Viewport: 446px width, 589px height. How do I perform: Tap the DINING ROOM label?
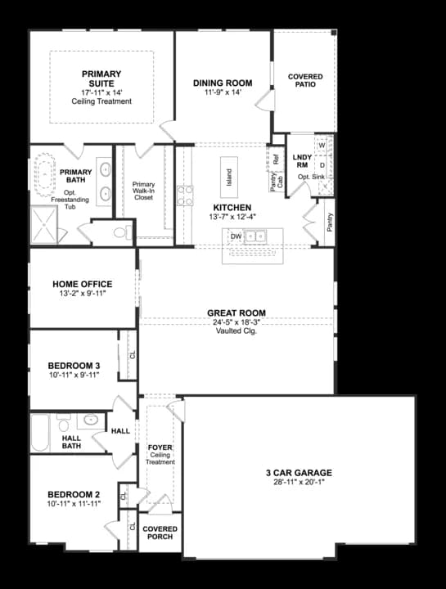(x=222, y=83)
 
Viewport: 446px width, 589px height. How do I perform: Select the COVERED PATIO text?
(x=305, y=81)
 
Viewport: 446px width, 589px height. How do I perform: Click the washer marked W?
(x=322, y=146)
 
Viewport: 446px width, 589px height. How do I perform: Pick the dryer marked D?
(x=322, y=165)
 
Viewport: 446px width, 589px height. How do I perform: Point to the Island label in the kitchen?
(x=229, y=178)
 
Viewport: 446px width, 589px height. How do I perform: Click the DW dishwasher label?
(x=237, y=236)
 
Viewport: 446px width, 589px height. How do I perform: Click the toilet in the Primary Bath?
(x=119, y=233)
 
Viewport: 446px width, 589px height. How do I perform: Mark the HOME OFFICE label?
(x=82, y=284)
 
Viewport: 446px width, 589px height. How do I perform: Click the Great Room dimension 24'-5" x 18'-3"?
(x=236, y=322)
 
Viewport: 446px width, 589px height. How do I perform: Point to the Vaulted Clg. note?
(x=236, y=331)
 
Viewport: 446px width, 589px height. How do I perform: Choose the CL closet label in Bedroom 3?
(x=132, y=354)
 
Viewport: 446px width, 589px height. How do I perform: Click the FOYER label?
(x=160, y=447)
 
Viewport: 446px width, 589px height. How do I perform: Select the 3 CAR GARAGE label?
(x=299, y=473)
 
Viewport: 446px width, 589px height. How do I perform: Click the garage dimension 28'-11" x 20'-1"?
(x=299, y=483)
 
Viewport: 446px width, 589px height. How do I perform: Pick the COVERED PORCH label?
(x=160, y=533)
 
